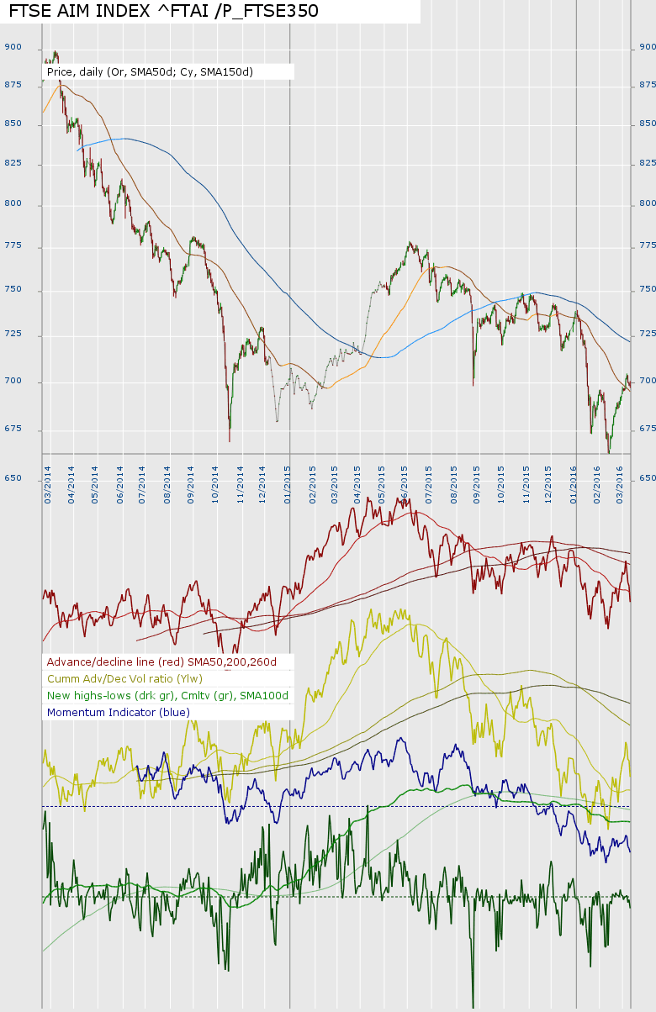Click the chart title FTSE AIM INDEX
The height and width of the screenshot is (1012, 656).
[x=164, y=12]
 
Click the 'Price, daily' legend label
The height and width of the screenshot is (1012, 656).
[x=150, y=72]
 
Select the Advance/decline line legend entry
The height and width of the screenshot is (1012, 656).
[x=167, y=661]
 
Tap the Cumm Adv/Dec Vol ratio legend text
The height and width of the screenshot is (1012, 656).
[x=124, y=678]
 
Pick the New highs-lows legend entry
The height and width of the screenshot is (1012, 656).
[x=167, y=695]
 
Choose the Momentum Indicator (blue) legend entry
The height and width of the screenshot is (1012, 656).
[x=119, y=712]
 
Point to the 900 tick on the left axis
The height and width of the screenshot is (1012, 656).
[x=12, y=48]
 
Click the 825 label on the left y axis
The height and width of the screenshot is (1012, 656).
[x=12, y=163]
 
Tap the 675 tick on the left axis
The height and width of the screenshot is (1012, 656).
[x=12, y=429]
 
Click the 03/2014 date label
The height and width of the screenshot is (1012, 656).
[x=48, y=484]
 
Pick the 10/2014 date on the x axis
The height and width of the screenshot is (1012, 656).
[x=216, y=484]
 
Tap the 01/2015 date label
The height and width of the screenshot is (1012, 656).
[x=288, y=484]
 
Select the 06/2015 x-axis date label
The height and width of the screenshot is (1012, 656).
[x=405, y=484]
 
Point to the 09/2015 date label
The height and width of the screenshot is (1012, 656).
[x=477, y=484]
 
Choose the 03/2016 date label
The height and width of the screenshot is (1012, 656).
[x=620, y=484]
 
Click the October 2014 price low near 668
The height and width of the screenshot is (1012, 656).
[x=230, y=440]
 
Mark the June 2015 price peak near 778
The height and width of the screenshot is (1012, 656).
[x=410, y=243]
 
